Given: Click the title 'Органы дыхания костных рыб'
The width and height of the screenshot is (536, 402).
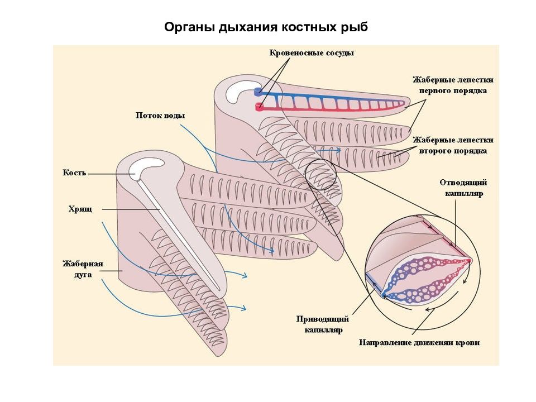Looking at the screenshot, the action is (266, 27).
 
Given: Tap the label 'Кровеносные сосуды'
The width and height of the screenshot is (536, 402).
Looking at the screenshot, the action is (312, 53).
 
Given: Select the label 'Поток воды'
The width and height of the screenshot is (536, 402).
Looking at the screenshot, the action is (160, 115).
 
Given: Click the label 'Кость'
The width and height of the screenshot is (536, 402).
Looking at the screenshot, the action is (74, 173).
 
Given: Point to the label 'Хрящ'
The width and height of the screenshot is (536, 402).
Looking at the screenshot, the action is (80, 209).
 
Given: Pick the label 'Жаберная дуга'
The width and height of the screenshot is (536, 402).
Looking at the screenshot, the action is (83, 269).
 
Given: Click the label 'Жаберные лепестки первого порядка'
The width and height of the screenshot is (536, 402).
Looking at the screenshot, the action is (453, 85).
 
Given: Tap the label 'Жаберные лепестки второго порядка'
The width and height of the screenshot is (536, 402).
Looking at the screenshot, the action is (453, 145).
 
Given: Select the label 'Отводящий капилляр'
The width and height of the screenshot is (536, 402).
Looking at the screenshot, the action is (463, 188).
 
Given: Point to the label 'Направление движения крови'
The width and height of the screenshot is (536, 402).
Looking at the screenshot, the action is (419, 342).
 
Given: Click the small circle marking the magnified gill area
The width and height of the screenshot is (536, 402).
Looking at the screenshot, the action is (320, 174).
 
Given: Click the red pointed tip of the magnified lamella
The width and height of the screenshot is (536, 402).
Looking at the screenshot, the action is (469, 261).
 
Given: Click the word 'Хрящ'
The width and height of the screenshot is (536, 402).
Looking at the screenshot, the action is (80, 209).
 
